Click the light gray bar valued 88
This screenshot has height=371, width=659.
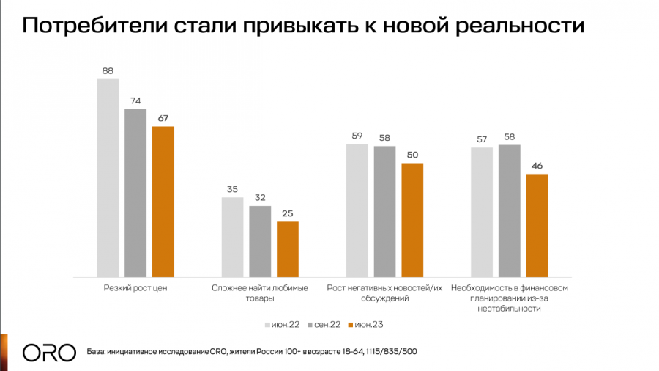tap(108, 177)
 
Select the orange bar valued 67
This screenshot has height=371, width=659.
tap(163, 202)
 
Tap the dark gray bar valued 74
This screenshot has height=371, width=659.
tap(135, 193)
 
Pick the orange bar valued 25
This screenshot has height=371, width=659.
tap(287, 249)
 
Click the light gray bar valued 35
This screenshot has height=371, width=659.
tap(232, 237)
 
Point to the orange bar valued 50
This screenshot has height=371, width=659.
tap(412, 220)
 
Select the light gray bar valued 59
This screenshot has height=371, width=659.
tap(357, 210)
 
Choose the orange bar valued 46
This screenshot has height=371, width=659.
tap(537, 225)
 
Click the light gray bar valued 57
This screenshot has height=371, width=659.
tap(482, 212)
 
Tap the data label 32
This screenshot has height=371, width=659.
tap(260, 198)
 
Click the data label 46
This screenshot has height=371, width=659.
tap(537, 166)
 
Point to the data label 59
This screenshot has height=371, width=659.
tap(357, 136)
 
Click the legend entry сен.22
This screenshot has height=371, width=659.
tap(325, 323)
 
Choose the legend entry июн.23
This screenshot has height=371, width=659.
tap(369, 323)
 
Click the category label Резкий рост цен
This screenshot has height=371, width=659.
tap(136, 288)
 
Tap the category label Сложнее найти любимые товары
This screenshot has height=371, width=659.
tap(260, 293)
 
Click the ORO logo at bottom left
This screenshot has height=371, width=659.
tap(49, 352)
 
